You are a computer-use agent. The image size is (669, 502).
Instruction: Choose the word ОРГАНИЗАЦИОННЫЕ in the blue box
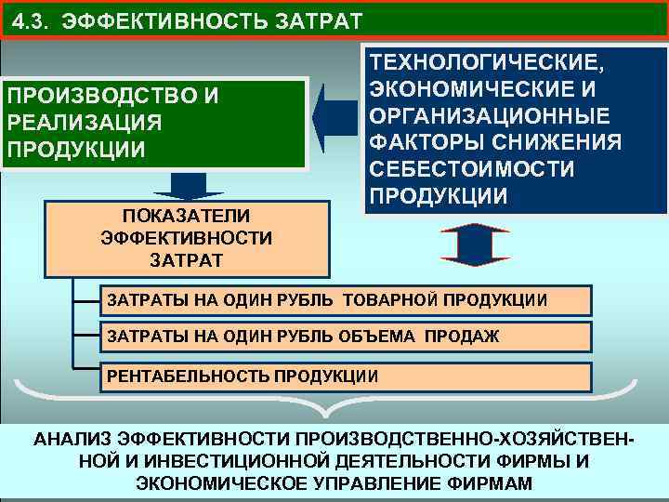point(490,117)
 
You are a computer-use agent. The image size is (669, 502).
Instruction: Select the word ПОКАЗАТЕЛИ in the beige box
point(186,215)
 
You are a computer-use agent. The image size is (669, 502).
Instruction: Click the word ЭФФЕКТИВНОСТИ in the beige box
point(186,237)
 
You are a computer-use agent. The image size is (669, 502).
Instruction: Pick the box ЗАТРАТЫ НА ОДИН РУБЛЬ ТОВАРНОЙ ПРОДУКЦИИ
point(345,300)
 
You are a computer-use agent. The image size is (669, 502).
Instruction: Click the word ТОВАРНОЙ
point(390,300)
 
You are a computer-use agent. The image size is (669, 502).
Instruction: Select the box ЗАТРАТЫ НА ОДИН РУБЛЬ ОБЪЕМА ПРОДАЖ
point(345,336)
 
